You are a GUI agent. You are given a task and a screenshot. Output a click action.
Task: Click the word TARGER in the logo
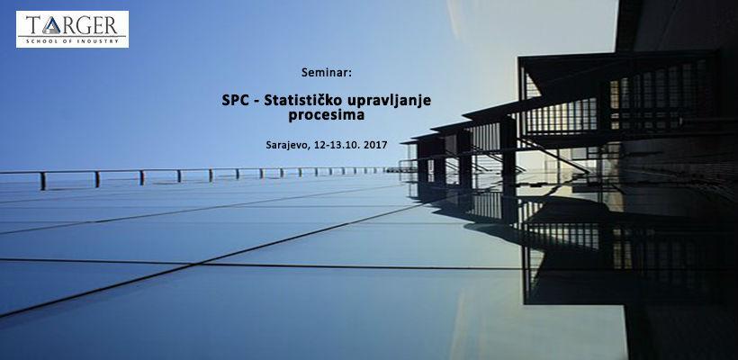point(72,23)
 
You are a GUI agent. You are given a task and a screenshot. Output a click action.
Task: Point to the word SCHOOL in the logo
point(43,39)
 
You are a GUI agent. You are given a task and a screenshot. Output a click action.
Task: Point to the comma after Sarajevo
point(310,147)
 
